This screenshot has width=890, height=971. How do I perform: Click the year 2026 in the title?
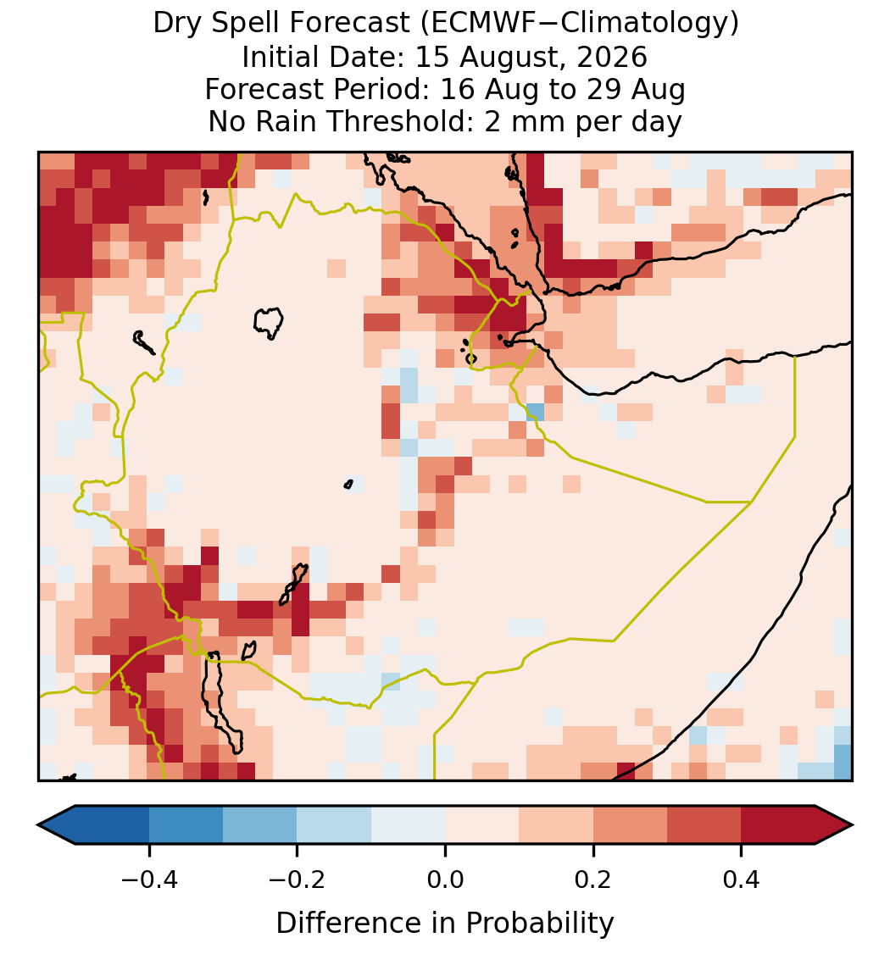pyautogui.click(x=612, y=57)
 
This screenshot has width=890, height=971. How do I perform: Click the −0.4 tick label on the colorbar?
pyautogui.click(x=149, y=879)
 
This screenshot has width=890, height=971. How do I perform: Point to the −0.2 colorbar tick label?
pyautogui.click(x=297, y=879)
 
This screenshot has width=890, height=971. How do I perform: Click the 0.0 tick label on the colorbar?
pyautogui.click(x=445, y=879)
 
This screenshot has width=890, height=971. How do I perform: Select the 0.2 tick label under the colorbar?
pyautogui.click(x=593, y=879)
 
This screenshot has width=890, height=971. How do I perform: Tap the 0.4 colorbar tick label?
pyautogui.click(x=742, y=879)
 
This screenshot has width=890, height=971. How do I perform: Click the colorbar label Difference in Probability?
pyautogui.click(x=445, y=923)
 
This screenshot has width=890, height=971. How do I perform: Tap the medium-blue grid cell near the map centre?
pyautogui.click(x=535, y=412)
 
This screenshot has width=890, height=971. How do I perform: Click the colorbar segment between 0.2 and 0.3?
pyautogui.click(x=630, y=825)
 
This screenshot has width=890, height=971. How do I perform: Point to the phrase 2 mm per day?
pyautogui.click(x=583, y=121)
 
